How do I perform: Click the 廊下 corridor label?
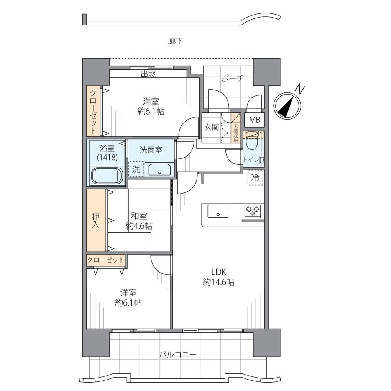pos(176,41)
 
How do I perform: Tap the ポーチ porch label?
pos(232,79)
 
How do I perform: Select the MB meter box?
pos(255,120)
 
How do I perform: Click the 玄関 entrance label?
pos(212,127)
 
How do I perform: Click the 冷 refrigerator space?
pos(255,177)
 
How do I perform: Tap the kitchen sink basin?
pos(218,212)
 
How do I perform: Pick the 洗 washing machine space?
pos(136,169)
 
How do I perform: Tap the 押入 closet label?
pos(95,220)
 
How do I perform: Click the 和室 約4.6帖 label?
pos(139,221)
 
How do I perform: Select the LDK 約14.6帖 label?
pos(219,277)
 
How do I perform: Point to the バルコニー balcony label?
pos(178,354)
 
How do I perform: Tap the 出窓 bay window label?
pos(148,74)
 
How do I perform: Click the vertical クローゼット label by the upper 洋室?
pos(93,112)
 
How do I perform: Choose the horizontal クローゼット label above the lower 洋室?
pos(105,260)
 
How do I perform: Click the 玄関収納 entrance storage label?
pos(236,133)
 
